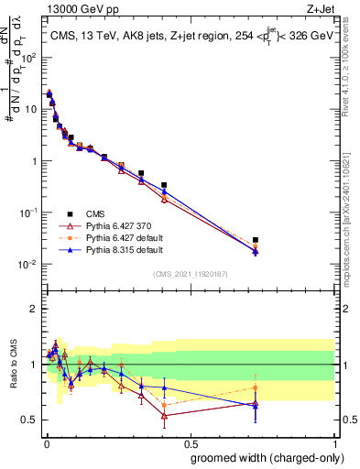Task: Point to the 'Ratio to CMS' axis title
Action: point(13,365)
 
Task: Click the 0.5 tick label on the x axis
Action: point(190,442)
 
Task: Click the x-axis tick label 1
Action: point(334,442)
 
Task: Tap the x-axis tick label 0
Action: point(46,442)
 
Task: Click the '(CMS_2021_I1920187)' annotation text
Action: point(190,274)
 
